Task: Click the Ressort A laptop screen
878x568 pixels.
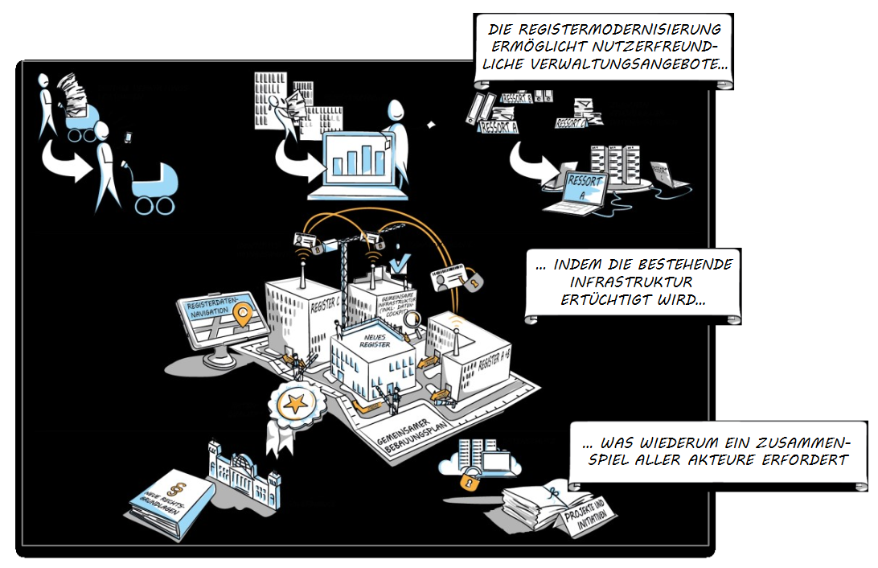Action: click(585, 187)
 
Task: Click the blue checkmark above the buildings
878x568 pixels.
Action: click(398, 262)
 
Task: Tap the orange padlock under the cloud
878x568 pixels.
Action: click(469, 480)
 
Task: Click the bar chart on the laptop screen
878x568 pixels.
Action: click(359, 159)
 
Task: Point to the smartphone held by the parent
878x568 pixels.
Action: click(127, 138)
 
